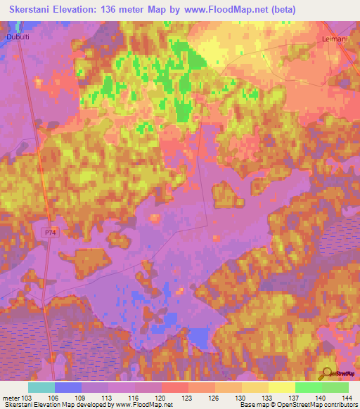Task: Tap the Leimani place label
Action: [x=335, y=40]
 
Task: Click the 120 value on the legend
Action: [x=162, y=397]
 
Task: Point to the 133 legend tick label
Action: [x=268, y=397]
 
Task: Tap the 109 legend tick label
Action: [x=82, y=397]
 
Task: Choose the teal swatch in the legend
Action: [x=41, y=387]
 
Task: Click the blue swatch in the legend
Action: [x=68, y=387]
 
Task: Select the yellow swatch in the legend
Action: [x=281, y=387]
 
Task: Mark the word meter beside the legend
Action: [x=10, y=397]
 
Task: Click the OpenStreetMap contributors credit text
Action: [x=317, y=405]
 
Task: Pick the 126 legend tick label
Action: [x=214, y=397]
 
